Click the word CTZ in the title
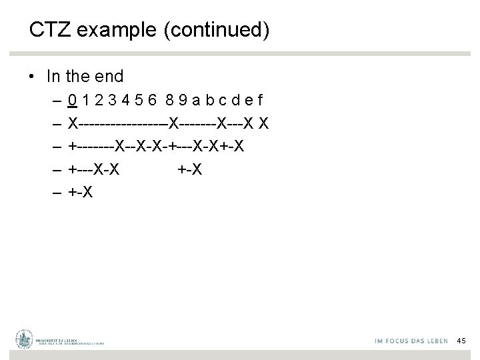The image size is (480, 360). (47, 29)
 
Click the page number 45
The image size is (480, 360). (461, 341)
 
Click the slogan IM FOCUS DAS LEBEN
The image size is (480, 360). (409, 341)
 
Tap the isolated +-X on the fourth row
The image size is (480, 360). (190, 169)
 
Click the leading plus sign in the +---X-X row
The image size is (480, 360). (73, 169)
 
